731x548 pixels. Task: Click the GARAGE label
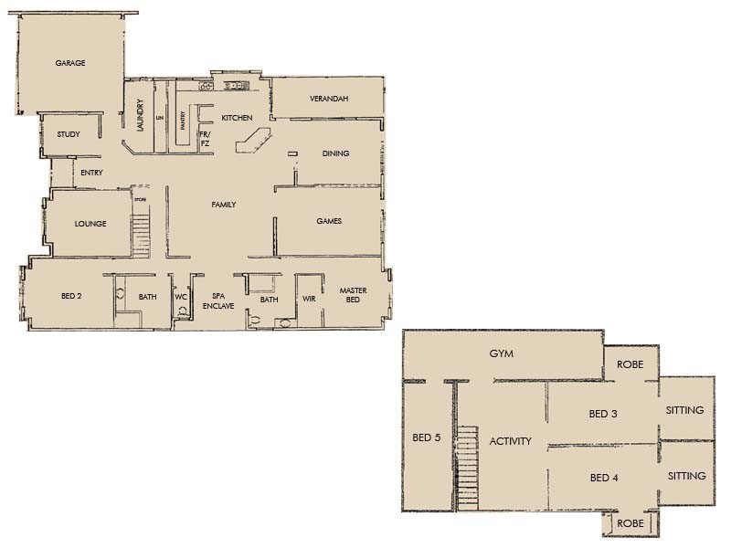coord(70,63)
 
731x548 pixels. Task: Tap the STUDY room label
coord(69,134)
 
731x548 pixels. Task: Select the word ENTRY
coord(91,173)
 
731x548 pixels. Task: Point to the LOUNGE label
coord(90,224)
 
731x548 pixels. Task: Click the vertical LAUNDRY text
coord(141,115)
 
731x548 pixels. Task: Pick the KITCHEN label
coord(237,118)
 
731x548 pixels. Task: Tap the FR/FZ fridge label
coord(205,138)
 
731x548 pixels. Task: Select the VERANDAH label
coord(328,98)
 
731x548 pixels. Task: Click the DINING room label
coord(335,153)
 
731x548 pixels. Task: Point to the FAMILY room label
coord(224,205)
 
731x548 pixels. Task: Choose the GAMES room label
coord(329,221)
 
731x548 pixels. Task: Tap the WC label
coord(181,297)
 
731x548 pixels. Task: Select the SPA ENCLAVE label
coord(218,301)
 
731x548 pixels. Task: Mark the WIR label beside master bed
coord(309,298)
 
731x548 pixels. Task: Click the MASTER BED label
coord(353,296)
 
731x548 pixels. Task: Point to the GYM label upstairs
coord(499,353)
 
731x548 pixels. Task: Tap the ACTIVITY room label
coord(510,441)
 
